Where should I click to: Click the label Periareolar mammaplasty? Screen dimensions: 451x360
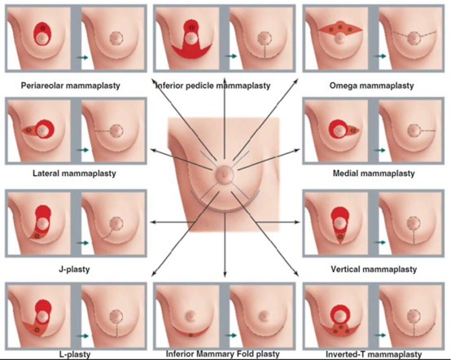click(x=71, y=86)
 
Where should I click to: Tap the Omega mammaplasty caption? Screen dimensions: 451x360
click(x=371, y=86)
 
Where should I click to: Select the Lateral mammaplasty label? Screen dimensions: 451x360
click(x=74, y=173)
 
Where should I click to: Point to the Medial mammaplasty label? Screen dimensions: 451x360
click(x=374, y=173)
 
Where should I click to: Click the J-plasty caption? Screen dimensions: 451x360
click(x=74, y=270)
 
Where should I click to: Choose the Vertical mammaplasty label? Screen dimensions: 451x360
click(x=374, y=270)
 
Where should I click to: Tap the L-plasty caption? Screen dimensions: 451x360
click(x=75, y=354)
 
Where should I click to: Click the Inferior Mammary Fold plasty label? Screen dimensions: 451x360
click(x=222, y=353)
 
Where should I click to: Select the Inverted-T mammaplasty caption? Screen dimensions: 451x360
click(x=374, y=354)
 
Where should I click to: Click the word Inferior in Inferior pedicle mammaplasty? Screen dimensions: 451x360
click(x=169, y=86)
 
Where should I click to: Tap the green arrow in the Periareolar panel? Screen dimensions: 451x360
click(x=82, y=58)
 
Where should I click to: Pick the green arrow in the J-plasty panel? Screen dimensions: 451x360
click(x=82, y=243)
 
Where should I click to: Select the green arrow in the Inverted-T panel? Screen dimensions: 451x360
click(x=380, y=336)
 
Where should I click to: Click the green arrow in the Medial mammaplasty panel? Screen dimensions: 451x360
click(x=380, y=150)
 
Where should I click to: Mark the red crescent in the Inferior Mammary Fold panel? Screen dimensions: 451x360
click(x=190, y=333)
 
